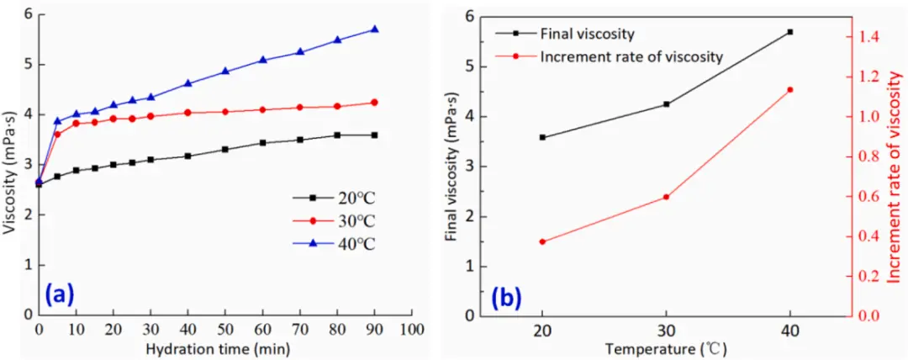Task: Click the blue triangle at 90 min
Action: [x=374, y=29]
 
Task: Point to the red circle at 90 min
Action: [x=374, y=103]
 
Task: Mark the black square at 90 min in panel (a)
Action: [x=374, y=135]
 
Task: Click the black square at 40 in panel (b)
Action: [x=790, y=32]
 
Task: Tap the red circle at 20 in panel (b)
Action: [x=542, y=241]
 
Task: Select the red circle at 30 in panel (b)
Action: [x=666, y=197]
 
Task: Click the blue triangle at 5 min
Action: [x=57, y=121]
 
